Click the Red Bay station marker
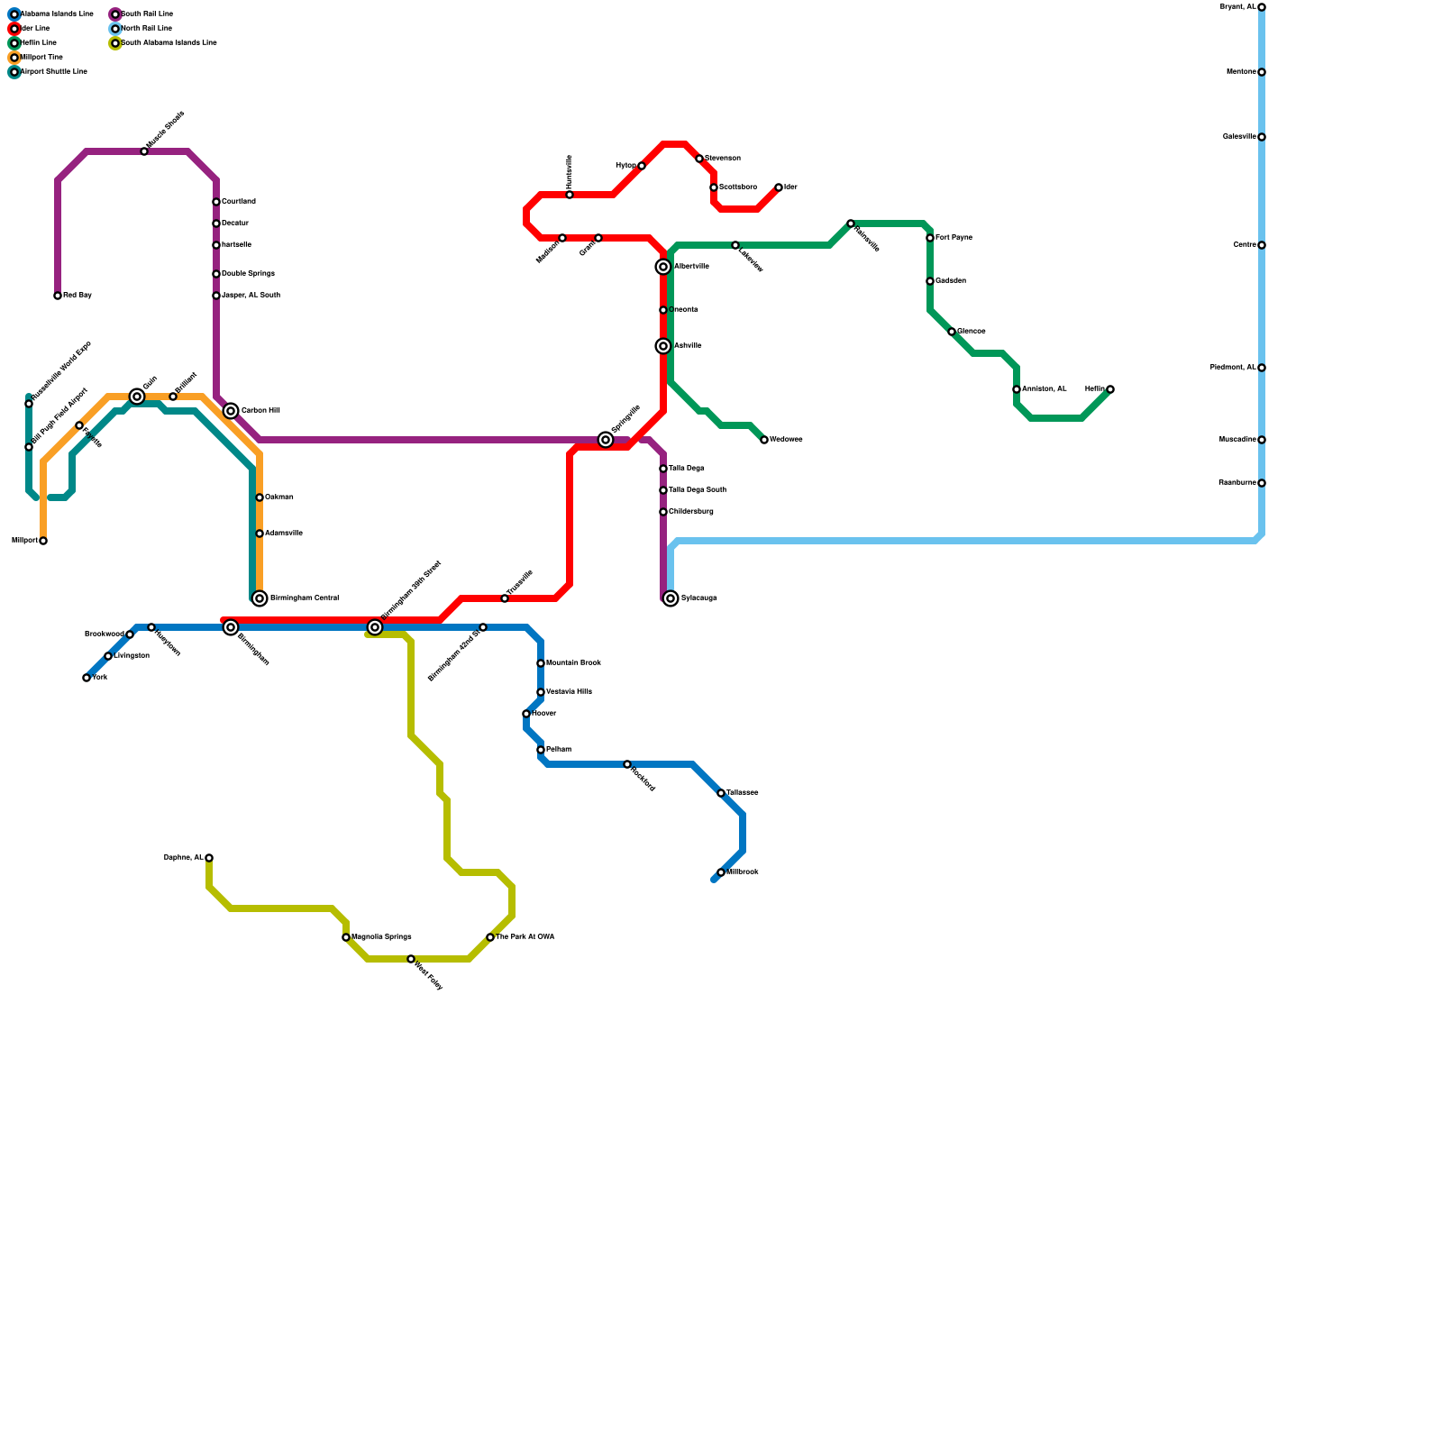tap(58, 296)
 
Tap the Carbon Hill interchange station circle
tap(231, 411)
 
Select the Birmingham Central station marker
tap(260, 598)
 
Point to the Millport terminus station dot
tap(43, 541)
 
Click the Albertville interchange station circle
tap(663, 267)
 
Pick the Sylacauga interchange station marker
tap(671, 598)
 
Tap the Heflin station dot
tap(1110, 389)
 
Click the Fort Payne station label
tap(954, 238)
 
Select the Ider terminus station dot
tap(779, 187)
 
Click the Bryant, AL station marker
tap(1262, 7)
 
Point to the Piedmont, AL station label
tap(1232, 368)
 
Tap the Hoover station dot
tap(526, 714)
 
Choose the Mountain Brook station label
tap(573, 663)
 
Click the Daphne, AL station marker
tap(209, 858)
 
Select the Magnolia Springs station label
tap(381, 937)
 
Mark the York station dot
tap(87, 678)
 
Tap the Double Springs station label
tap(248, 274)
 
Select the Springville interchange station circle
tap(606, 440)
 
